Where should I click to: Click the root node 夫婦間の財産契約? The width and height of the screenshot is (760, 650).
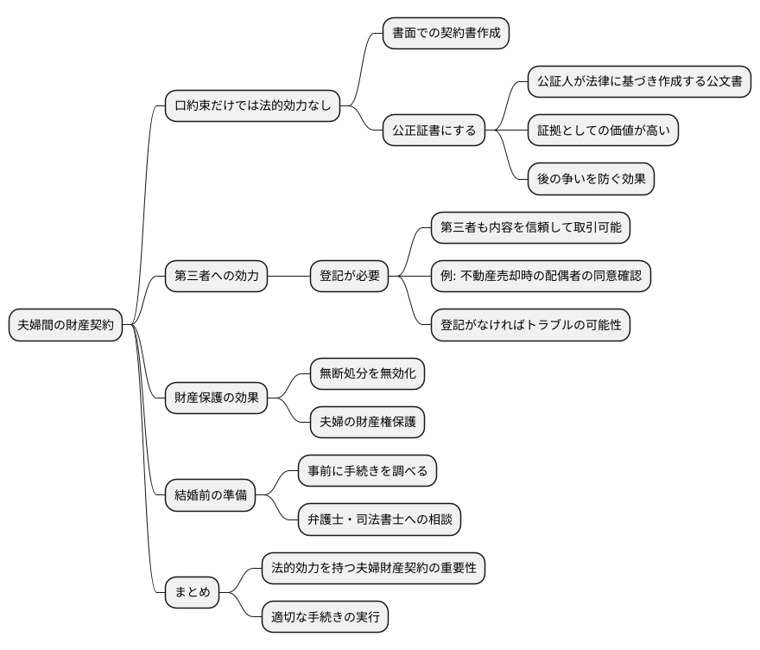(65, 325)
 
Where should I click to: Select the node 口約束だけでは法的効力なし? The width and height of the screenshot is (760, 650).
(251, 107)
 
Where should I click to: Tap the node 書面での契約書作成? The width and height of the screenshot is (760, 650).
(446, 34)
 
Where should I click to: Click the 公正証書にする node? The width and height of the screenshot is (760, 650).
(433, 131)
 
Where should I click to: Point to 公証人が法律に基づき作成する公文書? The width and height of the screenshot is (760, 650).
(638, 83)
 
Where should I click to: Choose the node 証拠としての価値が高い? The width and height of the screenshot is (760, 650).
(603, 131)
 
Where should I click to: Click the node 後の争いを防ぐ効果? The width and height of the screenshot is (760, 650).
(591, 179)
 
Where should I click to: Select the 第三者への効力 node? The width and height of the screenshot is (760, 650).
(216, 277)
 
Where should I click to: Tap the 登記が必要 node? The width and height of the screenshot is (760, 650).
(350, 277)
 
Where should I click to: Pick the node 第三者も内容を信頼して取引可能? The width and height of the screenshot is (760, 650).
(530, 228)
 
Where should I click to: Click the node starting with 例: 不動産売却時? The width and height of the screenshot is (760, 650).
(540, 277)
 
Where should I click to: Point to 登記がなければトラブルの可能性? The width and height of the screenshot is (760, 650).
(530, 325)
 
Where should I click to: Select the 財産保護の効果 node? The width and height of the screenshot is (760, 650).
(216, 398)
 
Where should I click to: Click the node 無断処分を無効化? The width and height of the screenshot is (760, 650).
(367, 373)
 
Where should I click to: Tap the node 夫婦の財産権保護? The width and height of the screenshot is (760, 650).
(367, 422)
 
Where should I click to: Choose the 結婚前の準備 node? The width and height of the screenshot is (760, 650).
(210, 495)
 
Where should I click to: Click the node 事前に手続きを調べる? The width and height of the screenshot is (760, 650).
(367, 471)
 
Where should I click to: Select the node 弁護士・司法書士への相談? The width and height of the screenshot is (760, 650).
(379, 519)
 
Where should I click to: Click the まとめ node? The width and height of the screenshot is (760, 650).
(192, 593)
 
